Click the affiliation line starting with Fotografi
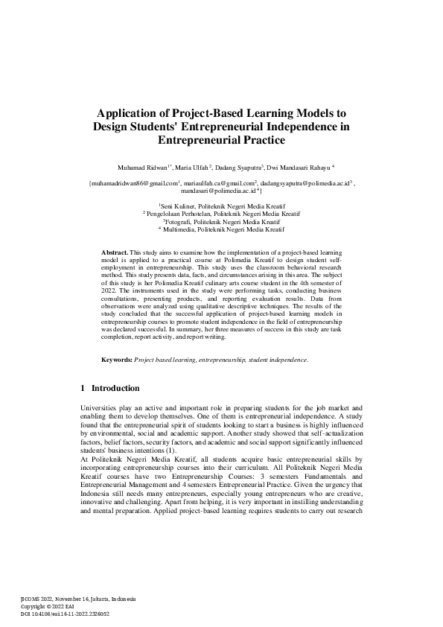(223, 221)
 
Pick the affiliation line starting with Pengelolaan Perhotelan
(223, 213)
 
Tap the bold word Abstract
(115, 254)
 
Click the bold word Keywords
(117, 360)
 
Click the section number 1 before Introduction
(82, 388)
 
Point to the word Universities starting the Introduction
(98, 408)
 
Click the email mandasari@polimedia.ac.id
(221, 191)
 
